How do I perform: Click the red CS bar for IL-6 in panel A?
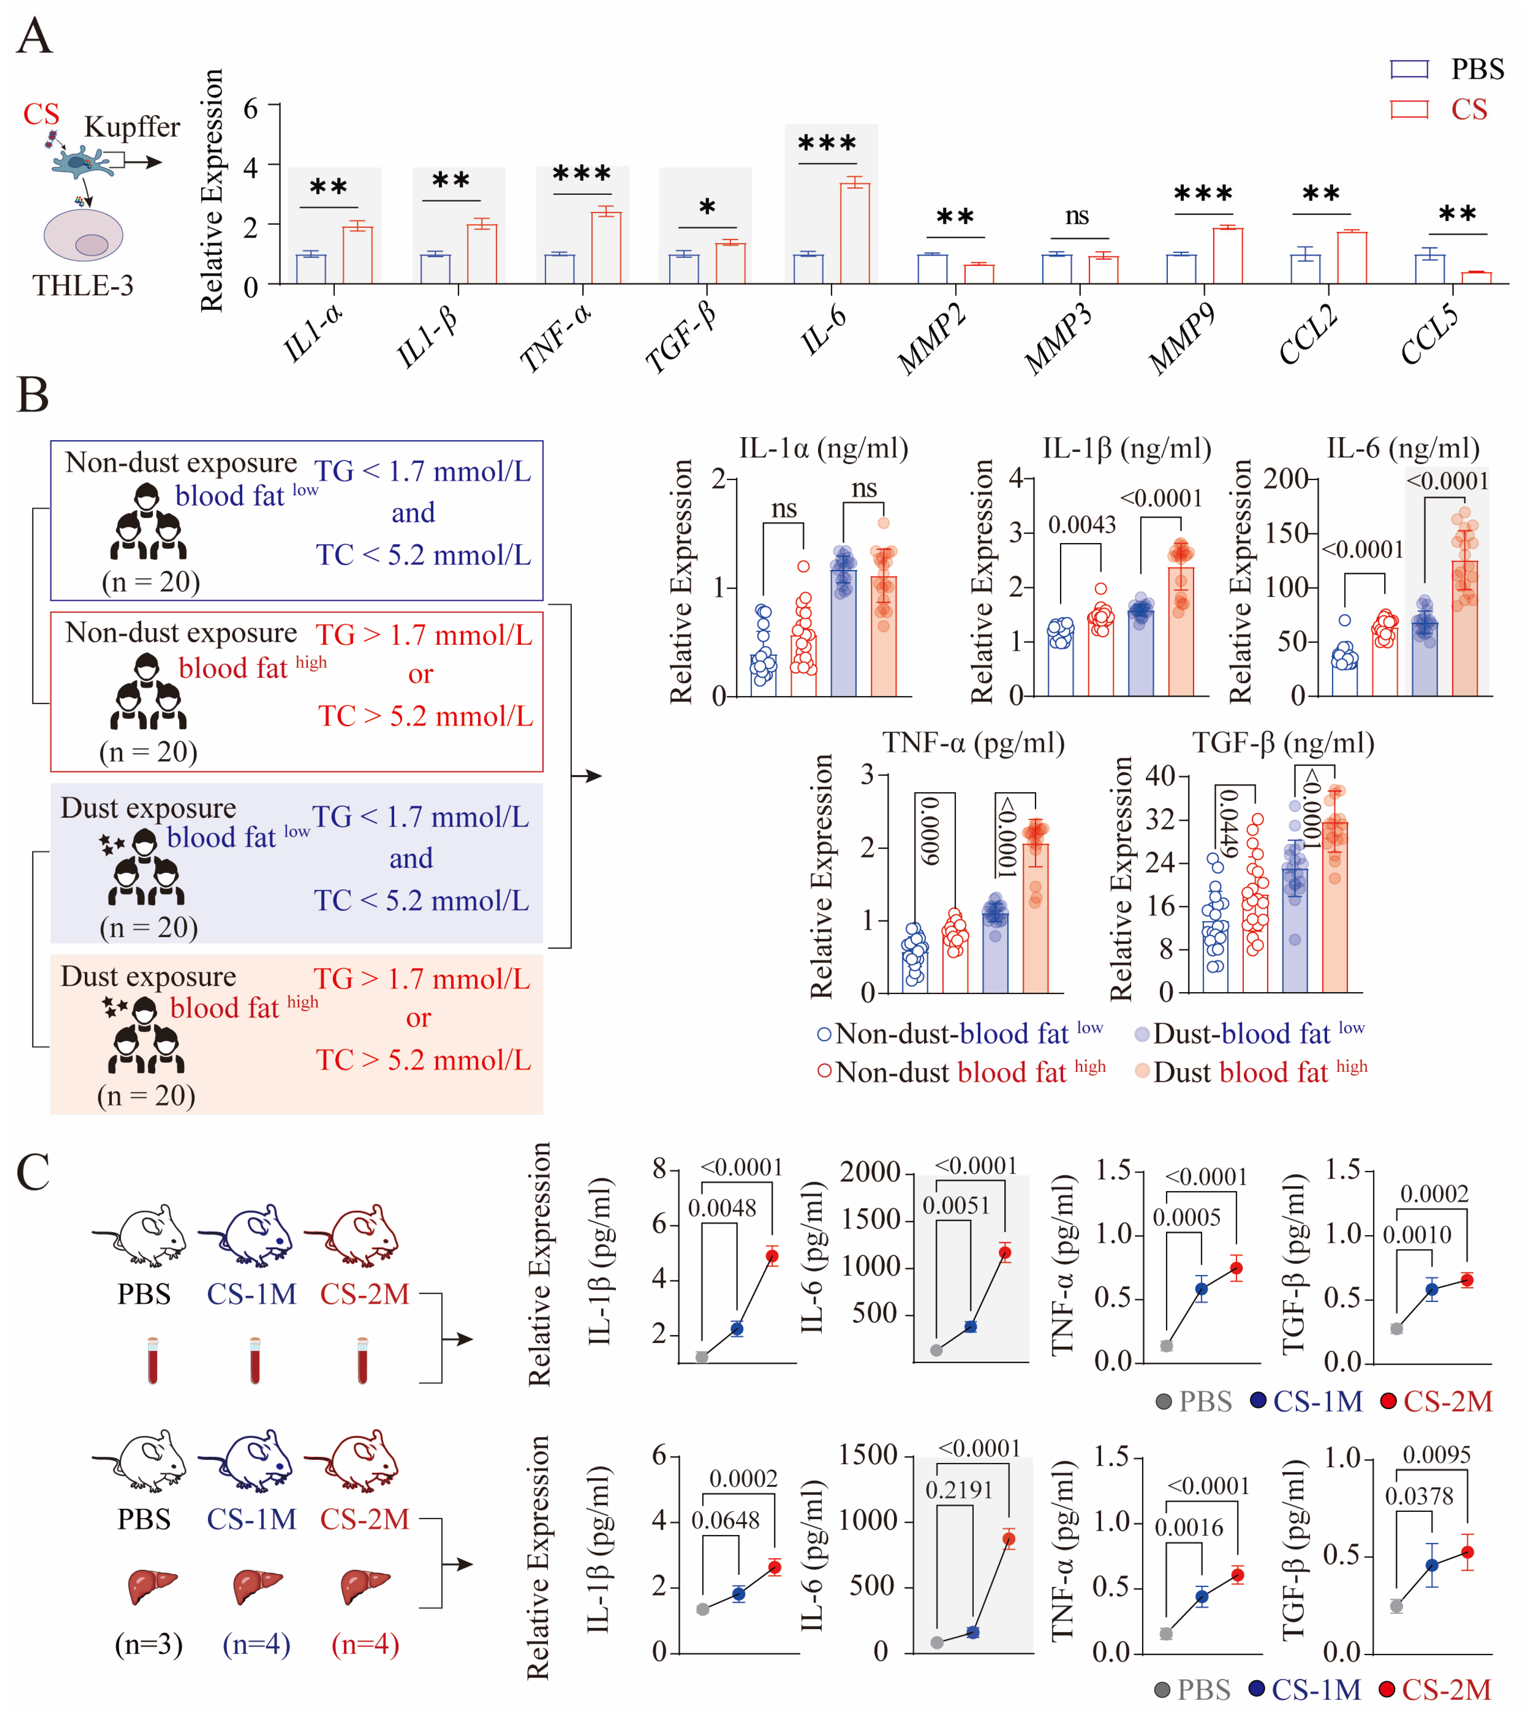coord(855,233)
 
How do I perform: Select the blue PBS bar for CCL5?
coord(1429,268)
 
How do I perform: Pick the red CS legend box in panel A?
coord(1409,109)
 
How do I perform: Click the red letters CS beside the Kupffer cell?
coord(41,114)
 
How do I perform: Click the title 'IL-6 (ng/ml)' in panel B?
coord(1402,448)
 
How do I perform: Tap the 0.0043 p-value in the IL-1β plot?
coord(1082,525)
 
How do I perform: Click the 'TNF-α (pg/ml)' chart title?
coord(972,743)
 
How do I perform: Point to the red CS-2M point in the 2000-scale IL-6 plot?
coord(1004,1253)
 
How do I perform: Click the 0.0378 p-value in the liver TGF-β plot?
coord(1418,1496)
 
